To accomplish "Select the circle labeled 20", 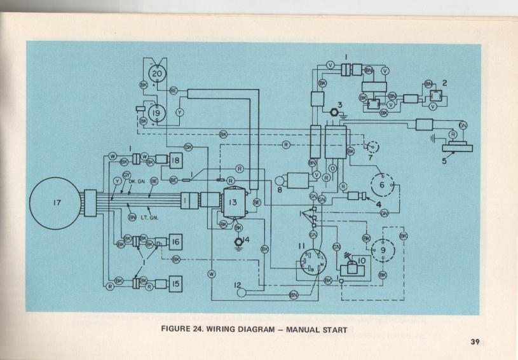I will [x=156, y=74].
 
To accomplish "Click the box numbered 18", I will [x=176, y=162].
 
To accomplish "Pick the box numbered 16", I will [x=176, y=242].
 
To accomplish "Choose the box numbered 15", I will [x=176, y=284].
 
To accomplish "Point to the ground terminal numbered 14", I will [x=238, y=241].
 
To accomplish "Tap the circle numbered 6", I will [x=382, y=184].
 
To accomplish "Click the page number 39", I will [x=474, y=342].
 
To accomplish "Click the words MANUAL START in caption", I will [x=316, y=329].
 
